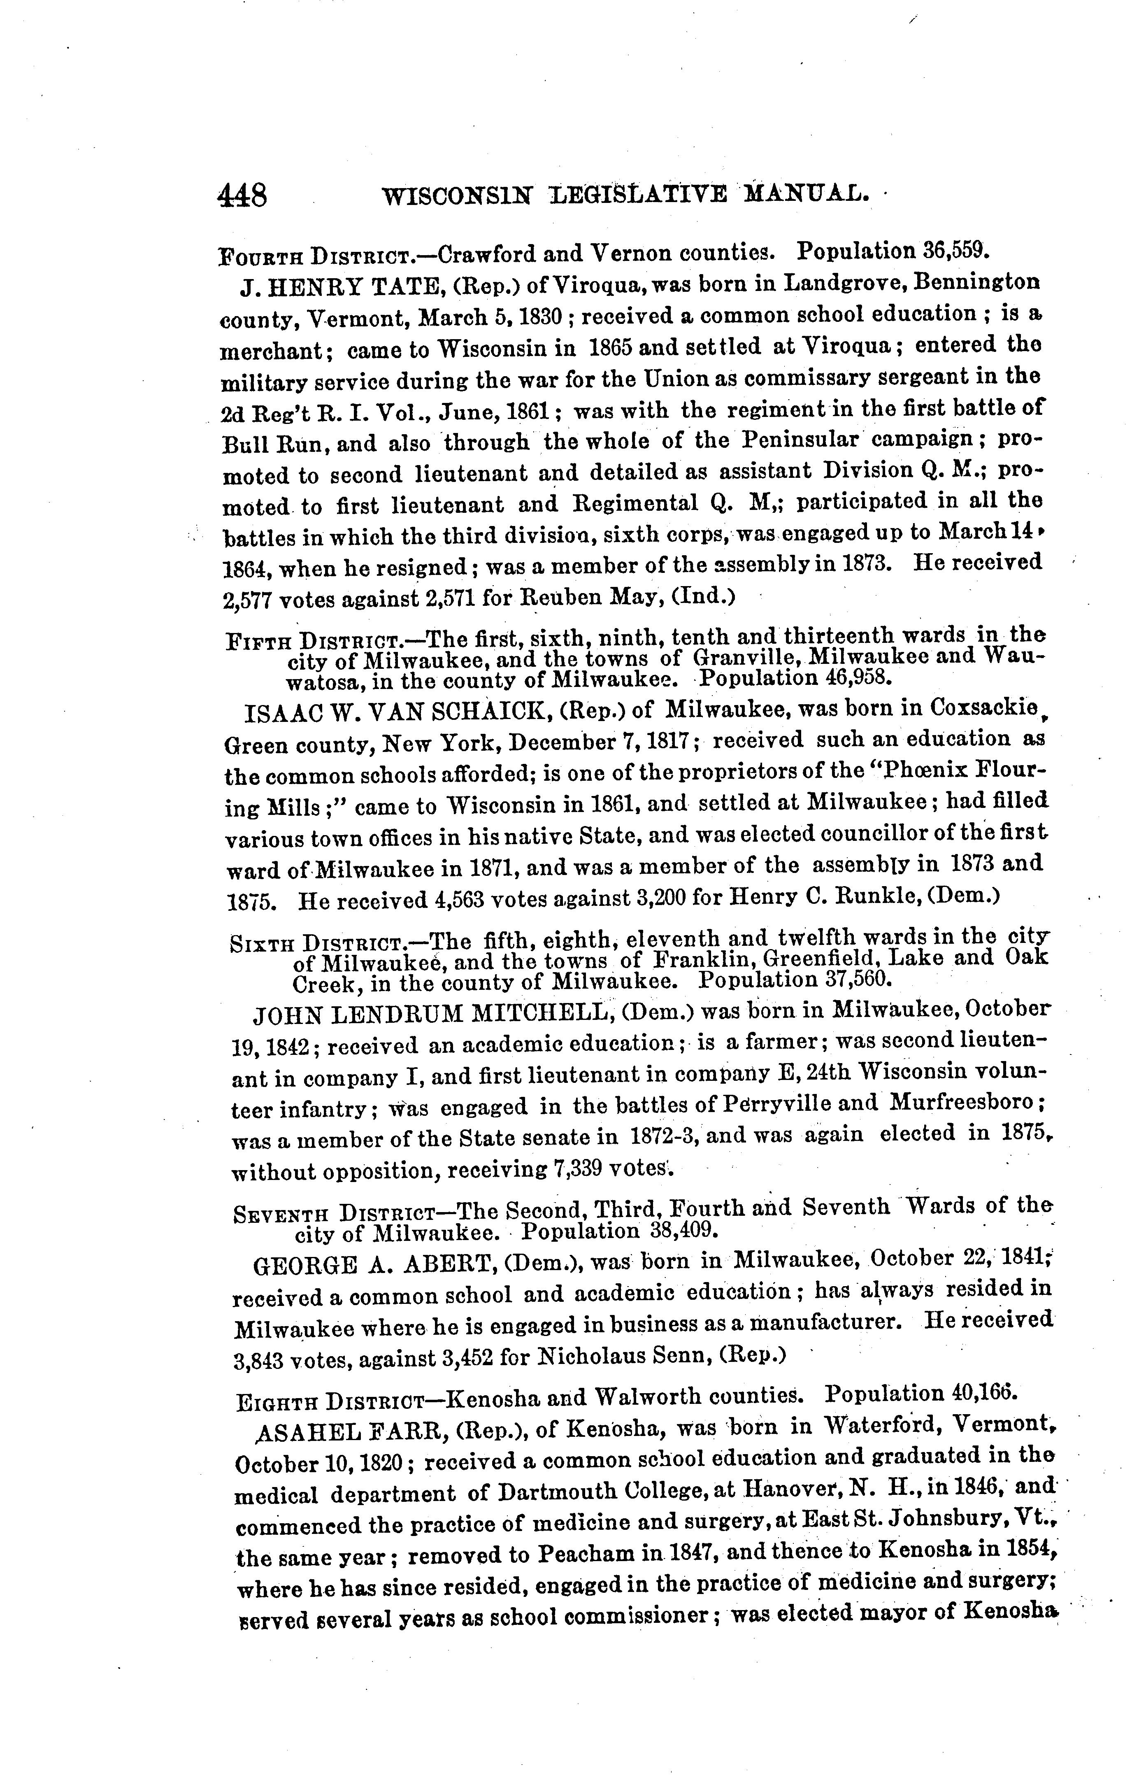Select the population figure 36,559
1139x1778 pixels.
pos(955,250)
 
